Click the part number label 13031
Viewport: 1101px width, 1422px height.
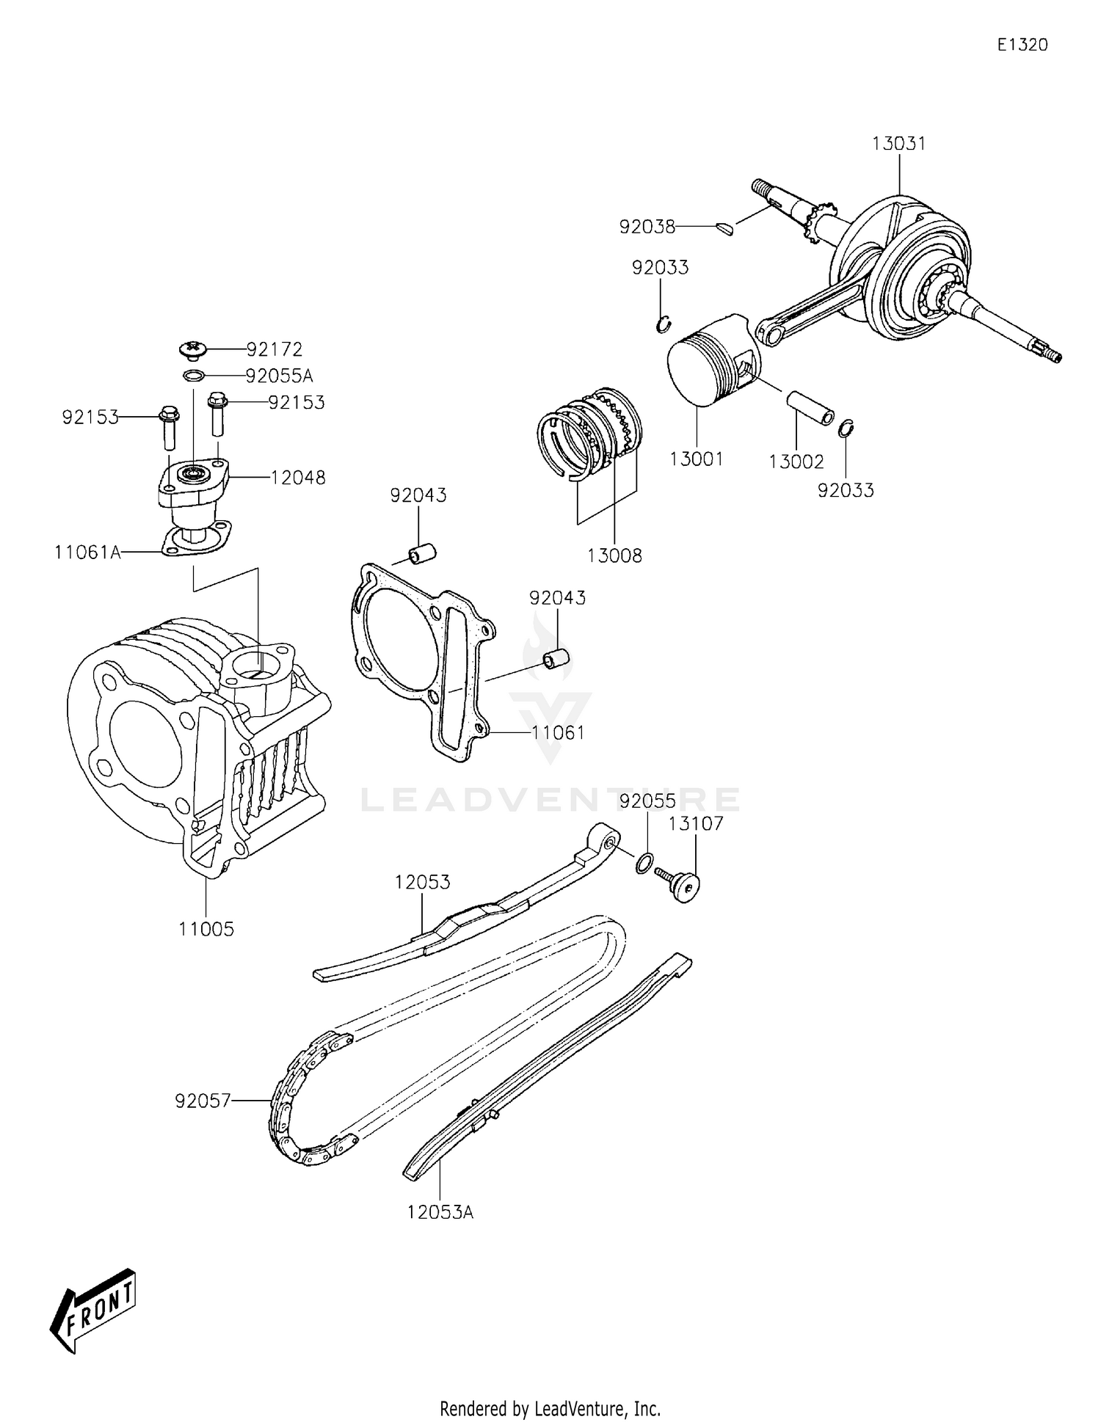pyautogui.click(x=898, y=144)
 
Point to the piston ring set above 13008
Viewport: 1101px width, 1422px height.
pyautogui.click(x=591, y=433)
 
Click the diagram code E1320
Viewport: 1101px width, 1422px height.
pyautogui.click(x=1022, y=45)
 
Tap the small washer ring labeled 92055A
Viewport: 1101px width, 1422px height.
pyautogui.click(x=194, y=376)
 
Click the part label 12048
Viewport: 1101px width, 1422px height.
pyautogui.click(x=298, y=478)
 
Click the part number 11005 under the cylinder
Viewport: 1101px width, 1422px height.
pyautogui.click(x=206, y=929)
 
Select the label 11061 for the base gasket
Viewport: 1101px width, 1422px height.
pyautogui.click(x=559, y=732)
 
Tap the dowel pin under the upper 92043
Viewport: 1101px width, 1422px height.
pyautogui.click(x=423, y=553)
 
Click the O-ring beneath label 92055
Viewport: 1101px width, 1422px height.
pyautogui.click(x=643, y=863)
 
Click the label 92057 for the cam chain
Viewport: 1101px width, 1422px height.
pyautogui.click(x=203, y=1101)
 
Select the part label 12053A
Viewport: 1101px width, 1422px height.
pyautogui.click(x=440, y=1212)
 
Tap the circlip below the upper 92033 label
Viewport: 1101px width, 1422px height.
pyautogui.click(x=664, y=324)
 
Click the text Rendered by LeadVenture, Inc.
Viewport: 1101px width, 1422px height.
pyautogui.click(x=550, y=1409)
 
